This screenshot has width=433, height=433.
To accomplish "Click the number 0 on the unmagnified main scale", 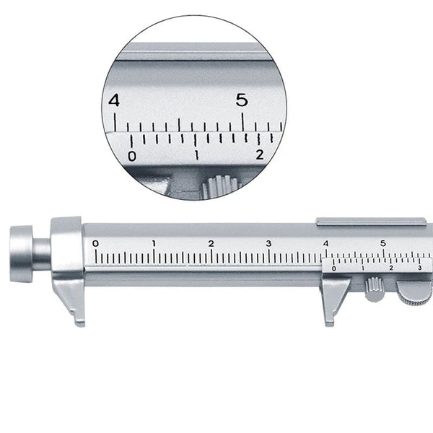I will (96, 243).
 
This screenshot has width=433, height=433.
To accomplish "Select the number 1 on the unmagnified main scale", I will (154, 243).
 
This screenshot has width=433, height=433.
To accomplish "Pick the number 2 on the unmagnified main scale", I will (211, 243).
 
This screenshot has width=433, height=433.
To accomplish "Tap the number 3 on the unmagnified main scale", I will (268, 243).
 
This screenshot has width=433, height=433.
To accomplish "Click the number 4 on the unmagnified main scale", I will (326, 243).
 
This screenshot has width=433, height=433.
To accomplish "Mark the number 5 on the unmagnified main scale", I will (383, 243).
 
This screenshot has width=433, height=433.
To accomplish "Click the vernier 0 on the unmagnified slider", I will (333, 268).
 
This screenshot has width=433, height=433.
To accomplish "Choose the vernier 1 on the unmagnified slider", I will (362, 268).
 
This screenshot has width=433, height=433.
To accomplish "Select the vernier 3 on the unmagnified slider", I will (420, 268).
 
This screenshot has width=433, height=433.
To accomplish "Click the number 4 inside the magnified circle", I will (113, 100).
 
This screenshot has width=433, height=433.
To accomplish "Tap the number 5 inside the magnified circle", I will (242, 99).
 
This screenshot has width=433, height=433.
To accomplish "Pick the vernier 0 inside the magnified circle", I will (131, 155).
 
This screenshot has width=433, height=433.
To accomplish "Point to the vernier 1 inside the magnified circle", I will (196, 154).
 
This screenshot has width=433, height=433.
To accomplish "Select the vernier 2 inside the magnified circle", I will (260, 153).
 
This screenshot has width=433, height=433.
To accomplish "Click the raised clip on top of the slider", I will (368, 221).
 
